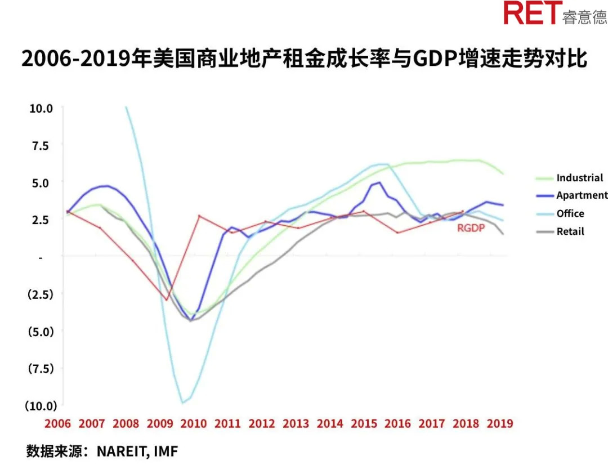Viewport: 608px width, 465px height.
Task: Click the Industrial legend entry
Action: pyautogui.click(x=579, y=178)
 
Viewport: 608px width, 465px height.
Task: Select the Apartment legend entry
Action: pyautogui.click(x=582, y=196)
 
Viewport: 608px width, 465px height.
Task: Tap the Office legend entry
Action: pyautogui.click(x=570, y=214)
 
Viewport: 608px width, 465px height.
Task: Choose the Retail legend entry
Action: pyautogui.click(x=570, y=231)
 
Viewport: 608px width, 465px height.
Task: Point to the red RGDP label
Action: pyautogui.click(x=470, y=228)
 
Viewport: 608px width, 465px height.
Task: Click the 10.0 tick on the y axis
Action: pyautogui.click(x=41, y=108)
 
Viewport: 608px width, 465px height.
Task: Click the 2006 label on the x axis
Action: pyautogui.click(x=57, y=424)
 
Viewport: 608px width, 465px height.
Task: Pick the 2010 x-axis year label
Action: pyautogui.click(x=193, y=424)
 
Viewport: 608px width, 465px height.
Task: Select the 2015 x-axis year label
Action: pyautogui.click(x=364, y=424)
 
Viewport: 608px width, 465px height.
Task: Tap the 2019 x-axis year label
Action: pyautogui.click(x=499, y=424)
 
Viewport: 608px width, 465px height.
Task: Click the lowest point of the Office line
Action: pyautogui.click(x=182, y=403)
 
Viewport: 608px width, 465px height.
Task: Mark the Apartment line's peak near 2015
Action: pyautogui.click(x=380, y=182)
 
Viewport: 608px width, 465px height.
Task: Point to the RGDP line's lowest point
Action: pyautogui.click(x=167, y=299)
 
